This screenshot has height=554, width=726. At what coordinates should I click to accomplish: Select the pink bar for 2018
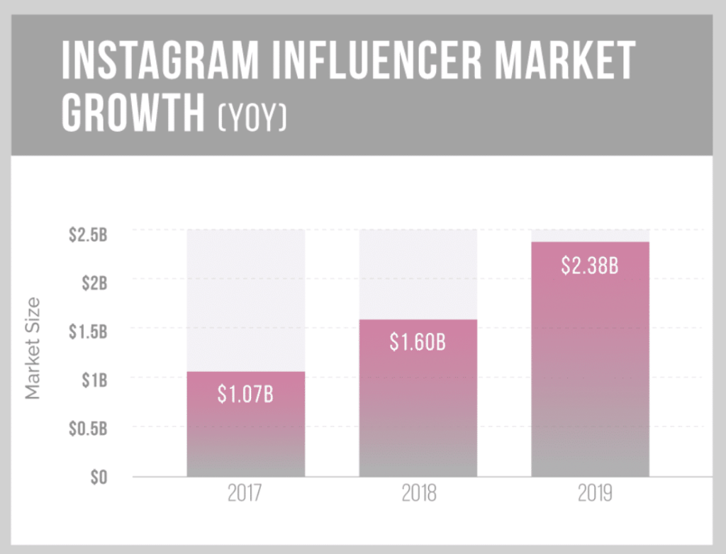tap(418, 404)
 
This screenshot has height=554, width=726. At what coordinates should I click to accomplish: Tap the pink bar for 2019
tap(590, 368)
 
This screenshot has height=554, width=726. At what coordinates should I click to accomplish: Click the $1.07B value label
tap(245, 395)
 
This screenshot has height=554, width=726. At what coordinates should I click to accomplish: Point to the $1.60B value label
tap(418, 342)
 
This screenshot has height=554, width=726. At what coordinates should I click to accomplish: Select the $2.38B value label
tap(590, 266)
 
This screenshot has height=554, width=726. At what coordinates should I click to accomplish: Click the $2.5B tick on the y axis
tap(88, 235)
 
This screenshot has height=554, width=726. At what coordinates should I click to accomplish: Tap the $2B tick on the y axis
tap(94, 283)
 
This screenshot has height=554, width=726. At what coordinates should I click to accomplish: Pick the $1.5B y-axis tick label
tap(88, 332)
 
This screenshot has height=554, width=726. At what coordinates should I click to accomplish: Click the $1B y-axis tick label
tap(94, 380)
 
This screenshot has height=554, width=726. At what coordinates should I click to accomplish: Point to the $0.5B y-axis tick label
tap(88, 428)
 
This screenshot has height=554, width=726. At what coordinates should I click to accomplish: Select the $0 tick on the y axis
tap(99, 477)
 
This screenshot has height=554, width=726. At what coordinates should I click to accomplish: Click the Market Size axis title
tap(33, 349)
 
